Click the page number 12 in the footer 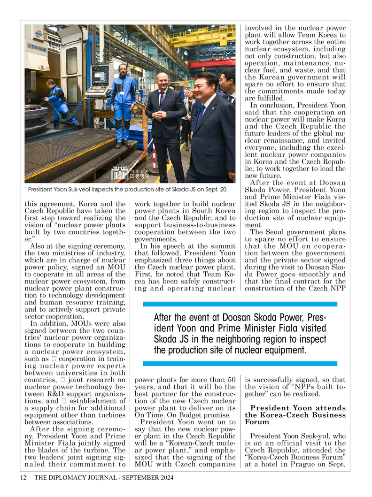[x=22, y=478]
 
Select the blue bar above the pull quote [x=240, y=304]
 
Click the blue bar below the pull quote [x=240, y=363]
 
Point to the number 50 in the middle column [x=231, y=380]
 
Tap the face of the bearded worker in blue [x=123, y=70]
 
